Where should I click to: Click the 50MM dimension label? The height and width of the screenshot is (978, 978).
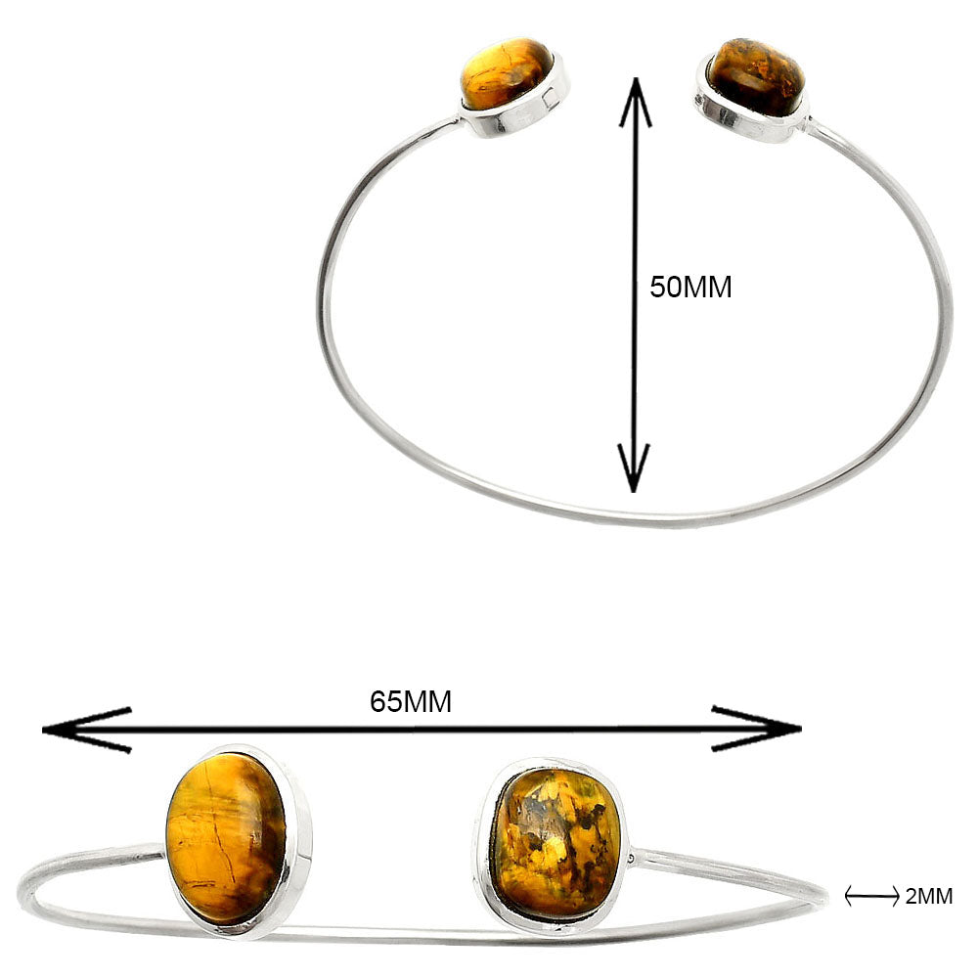[690, 289]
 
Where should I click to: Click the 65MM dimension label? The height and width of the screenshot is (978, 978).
[411, 701]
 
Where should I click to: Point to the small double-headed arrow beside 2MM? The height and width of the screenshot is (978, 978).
[871, 895]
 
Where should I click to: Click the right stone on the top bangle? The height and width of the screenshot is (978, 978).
[756, 76]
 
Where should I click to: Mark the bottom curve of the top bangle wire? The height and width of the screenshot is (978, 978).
[636, 518]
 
